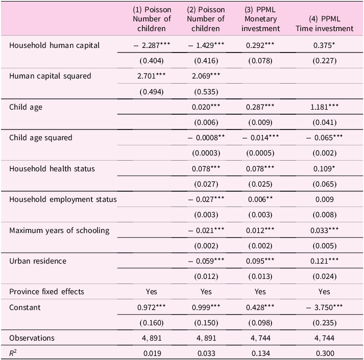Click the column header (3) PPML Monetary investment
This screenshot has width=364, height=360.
coord(260,19)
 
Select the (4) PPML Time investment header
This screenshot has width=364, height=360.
coord(324,23)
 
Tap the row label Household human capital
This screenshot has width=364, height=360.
coord(54,45)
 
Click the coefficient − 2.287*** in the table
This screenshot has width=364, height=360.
coord(152,45)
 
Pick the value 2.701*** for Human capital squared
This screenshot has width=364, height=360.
coord(151,76)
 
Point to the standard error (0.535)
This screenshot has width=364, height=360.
coord(206,92)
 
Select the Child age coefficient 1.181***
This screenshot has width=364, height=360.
coord(324,107)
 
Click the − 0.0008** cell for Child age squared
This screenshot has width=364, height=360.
coord(206,138)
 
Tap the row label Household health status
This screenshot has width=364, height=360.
coord(52,169)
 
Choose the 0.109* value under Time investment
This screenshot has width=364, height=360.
coord(324,169)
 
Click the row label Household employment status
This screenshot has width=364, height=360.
coord(63,199)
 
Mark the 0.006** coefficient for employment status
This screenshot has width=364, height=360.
coord(260,199)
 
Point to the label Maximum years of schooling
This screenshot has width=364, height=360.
coord(59,230)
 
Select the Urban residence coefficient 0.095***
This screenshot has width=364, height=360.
coord(260,261)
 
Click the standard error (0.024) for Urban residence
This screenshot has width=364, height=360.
coord(325,276)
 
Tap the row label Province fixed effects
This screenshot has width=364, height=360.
coord(46,292)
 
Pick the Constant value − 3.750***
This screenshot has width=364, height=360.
coord(324,307)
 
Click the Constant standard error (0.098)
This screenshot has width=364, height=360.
coord(260,323)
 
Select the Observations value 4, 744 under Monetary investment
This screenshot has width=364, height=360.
coord(260,338)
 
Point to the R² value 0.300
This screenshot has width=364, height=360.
coord(325,353)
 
